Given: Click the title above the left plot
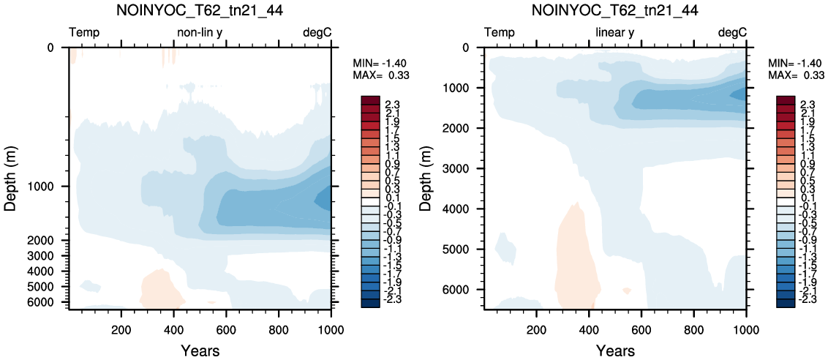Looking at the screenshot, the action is [200, 10].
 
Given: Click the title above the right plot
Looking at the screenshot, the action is [615, 10].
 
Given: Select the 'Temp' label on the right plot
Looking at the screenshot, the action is [500, 33].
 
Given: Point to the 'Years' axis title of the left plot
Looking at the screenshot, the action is [200, 350].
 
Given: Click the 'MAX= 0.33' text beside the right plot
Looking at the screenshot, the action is [791, 75].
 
